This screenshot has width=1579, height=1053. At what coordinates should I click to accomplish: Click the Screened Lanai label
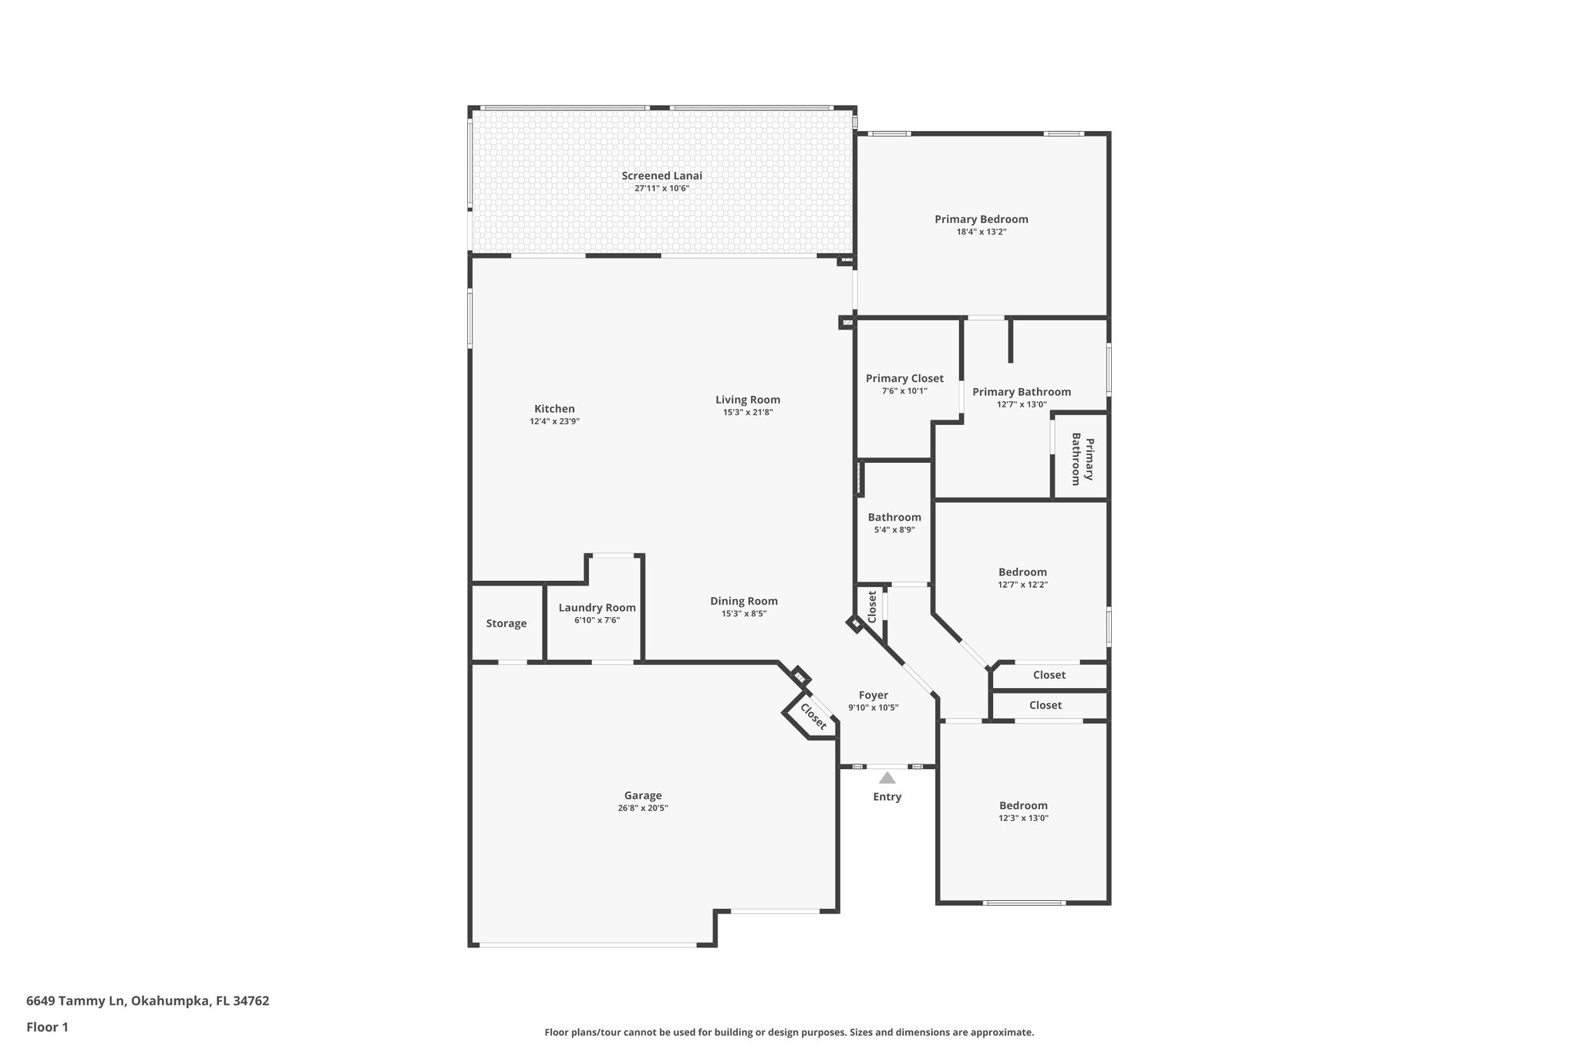click(x=662, y=176)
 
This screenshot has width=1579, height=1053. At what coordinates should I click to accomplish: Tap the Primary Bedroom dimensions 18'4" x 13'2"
click(x=981, y=231)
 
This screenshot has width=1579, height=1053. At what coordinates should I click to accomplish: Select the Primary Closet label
click(x=904, y=379)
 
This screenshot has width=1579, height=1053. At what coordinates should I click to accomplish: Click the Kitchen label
click(x=554, y=409)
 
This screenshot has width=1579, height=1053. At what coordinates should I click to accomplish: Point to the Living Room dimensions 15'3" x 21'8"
click(x=747, y=413)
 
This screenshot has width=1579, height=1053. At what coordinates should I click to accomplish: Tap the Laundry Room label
click(x=597, y=608)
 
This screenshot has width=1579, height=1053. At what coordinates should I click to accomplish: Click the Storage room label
click(x=506, y=623)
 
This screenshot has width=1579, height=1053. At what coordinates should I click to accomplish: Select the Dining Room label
click(x=743, y=601)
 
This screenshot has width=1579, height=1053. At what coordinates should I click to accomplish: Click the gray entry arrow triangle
click(x=887, y=778)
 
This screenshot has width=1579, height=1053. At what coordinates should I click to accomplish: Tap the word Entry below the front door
click(x=887, y=797)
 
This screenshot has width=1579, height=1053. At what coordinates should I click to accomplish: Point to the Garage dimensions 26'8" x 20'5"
click(x=642, y=808)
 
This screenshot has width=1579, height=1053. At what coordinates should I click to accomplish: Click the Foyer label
click(x=873, y=695)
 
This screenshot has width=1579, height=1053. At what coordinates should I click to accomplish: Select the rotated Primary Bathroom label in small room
click(x=1082, y=459)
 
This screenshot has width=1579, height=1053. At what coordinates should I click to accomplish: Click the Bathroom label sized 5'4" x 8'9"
click(x=894, y=518)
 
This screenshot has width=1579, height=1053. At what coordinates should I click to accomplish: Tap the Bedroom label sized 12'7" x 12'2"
click(x=1022, y=572)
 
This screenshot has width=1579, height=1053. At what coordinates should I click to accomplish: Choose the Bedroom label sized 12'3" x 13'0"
click(x=1022, y=805)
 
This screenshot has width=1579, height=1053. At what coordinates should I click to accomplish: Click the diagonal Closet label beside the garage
click(x=813, y=717)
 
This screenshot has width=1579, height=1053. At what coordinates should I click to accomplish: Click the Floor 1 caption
click(x=47, y=1027)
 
